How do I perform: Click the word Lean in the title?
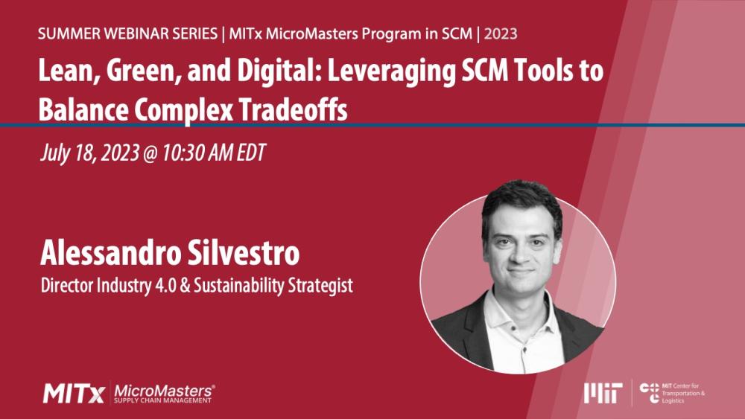coord(66,76)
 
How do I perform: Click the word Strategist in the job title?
coord(320,284)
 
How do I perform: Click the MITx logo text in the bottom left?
coord(73,392)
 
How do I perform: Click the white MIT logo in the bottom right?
coord(603,392)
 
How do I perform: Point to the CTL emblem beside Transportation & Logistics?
coord(649,392)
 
